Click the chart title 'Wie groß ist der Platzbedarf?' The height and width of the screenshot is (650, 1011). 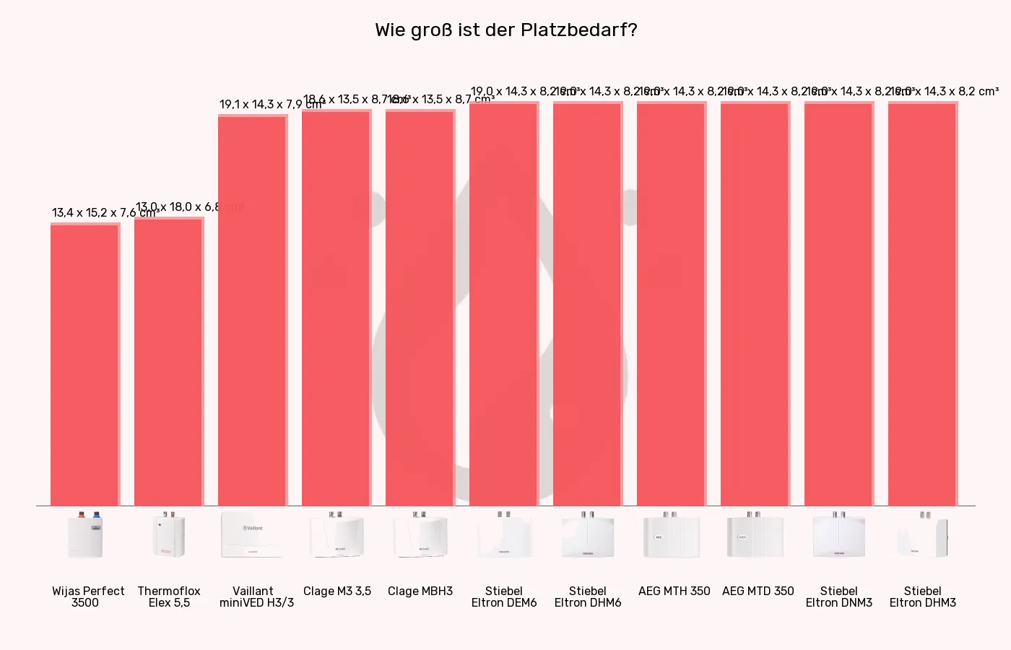click(x=506, y=30)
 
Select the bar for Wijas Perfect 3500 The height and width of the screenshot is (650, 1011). click(x=84, y=365)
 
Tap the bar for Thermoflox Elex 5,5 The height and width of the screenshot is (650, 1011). click(x=168, y=361)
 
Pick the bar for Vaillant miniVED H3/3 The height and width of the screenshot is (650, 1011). click(x=252, y=311)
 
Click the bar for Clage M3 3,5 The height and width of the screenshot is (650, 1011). click(x=336, y=308)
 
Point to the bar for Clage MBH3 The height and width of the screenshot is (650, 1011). click(x=420, y=308)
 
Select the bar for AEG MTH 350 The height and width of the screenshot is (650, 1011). click(x=671, y=304)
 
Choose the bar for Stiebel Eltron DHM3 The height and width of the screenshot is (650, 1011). click(x=922, y=304)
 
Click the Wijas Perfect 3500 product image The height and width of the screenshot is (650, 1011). click(x=85, y=535)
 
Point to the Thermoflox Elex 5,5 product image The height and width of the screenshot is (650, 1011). click(x=169, y=535)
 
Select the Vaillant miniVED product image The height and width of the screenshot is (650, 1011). click(x=252, y=535)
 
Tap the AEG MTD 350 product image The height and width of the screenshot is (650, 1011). click(x=755, y=535)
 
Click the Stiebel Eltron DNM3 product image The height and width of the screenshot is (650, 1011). click(x=838, y=535)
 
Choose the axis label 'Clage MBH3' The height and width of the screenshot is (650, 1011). click(x=420, y=591)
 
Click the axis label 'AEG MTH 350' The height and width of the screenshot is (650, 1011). click(x=674, y=591)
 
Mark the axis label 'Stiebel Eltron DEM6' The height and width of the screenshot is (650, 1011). click(x=504, y=597)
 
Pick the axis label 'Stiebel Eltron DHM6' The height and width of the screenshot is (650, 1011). click(x=588, y=597)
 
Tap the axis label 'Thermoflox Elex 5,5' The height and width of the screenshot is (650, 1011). click(x=169, y=597)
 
